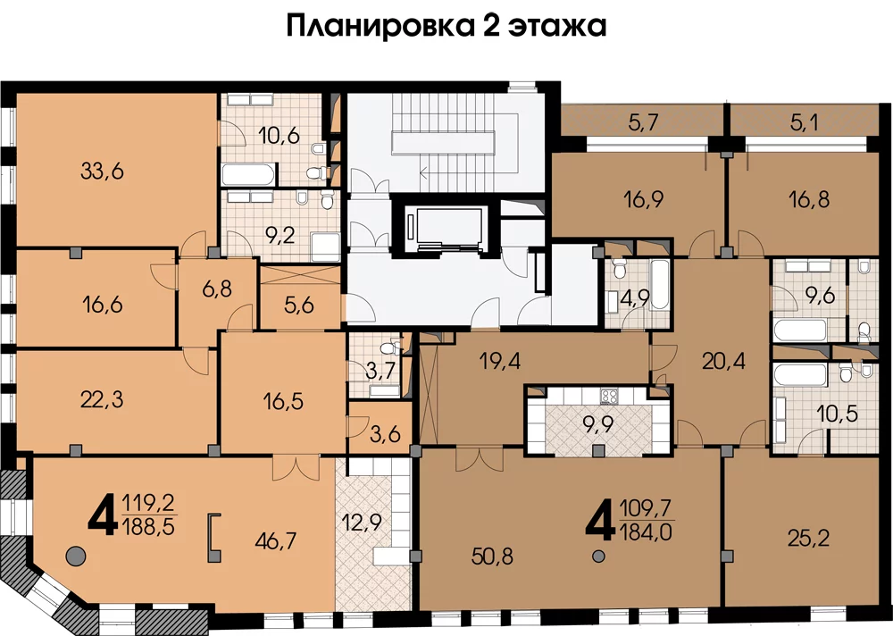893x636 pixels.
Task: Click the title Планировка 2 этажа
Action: tap(446, 26)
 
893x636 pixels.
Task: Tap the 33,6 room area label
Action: tap(102, 171)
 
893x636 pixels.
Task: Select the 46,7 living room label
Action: tap(276, 540)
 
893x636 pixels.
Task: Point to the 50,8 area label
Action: tap(493, 556)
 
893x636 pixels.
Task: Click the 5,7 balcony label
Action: tap(644, 122)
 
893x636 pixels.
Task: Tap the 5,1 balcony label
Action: tap(805, 122)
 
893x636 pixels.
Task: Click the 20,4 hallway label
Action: tap(724, 361)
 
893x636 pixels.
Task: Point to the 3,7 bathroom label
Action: tap(380, 371)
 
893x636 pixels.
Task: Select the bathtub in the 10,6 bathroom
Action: tap(249, 174)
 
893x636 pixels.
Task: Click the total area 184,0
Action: tap(646, 532)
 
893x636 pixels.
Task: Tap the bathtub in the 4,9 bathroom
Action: tap(659, 285)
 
